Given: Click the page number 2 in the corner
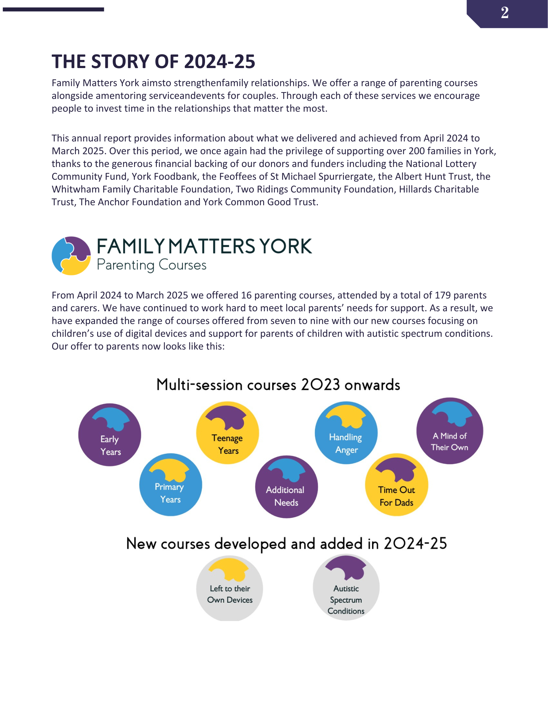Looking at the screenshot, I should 505,13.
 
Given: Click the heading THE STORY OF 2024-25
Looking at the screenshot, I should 153,62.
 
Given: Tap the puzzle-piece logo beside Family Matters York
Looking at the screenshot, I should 71,256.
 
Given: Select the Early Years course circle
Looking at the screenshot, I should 110,435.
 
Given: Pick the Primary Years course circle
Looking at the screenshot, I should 171,485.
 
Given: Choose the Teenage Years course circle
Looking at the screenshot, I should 228,433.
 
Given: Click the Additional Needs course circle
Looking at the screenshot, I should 286,487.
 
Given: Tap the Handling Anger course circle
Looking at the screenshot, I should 346,433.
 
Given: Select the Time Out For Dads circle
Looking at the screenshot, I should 397,485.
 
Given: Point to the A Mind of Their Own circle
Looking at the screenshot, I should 449,431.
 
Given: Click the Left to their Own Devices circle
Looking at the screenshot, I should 230,588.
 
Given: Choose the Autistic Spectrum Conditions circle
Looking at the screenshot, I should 346,588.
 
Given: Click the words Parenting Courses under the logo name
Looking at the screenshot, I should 151,265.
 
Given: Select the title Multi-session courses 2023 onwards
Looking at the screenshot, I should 278,385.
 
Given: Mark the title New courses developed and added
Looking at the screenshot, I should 286,544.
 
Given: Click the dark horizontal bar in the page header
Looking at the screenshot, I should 53,10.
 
